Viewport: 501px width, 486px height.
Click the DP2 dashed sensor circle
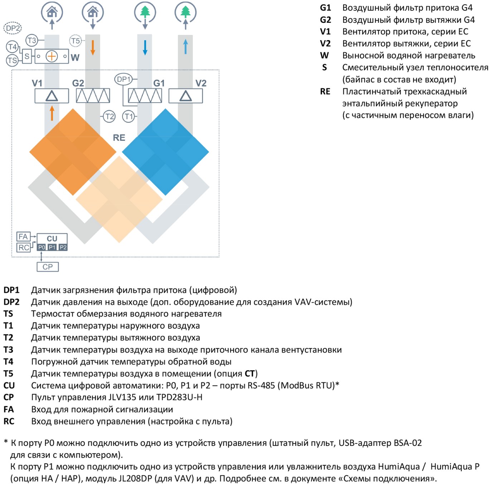13,28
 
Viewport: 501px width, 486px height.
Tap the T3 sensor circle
31,40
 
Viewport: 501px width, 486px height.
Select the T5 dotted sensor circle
76,41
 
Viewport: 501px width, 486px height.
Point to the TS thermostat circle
12,60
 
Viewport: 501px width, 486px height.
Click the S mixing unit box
27,56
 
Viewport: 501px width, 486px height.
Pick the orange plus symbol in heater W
52,56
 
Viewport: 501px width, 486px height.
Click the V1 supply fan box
52,96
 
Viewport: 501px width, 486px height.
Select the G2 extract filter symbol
93,96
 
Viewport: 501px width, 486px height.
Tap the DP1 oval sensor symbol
123,79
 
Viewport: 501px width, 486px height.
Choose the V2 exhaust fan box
185,96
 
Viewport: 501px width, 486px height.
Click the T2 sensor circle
109,117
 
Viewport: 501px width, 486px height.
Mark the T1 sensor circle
128,117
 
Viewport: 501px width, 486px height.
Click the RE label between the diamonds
119,138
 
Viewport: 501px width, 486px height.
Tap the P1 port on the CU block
52,247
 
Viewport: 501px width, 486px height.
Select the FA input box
23,236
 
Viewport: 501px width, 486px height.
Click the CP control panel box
48,267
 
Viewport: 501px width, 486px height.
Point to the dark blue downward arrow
145,48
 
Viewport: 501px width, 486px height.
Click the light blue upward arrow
185,46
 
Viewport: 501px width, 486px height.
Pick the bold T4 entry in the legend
8,362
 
